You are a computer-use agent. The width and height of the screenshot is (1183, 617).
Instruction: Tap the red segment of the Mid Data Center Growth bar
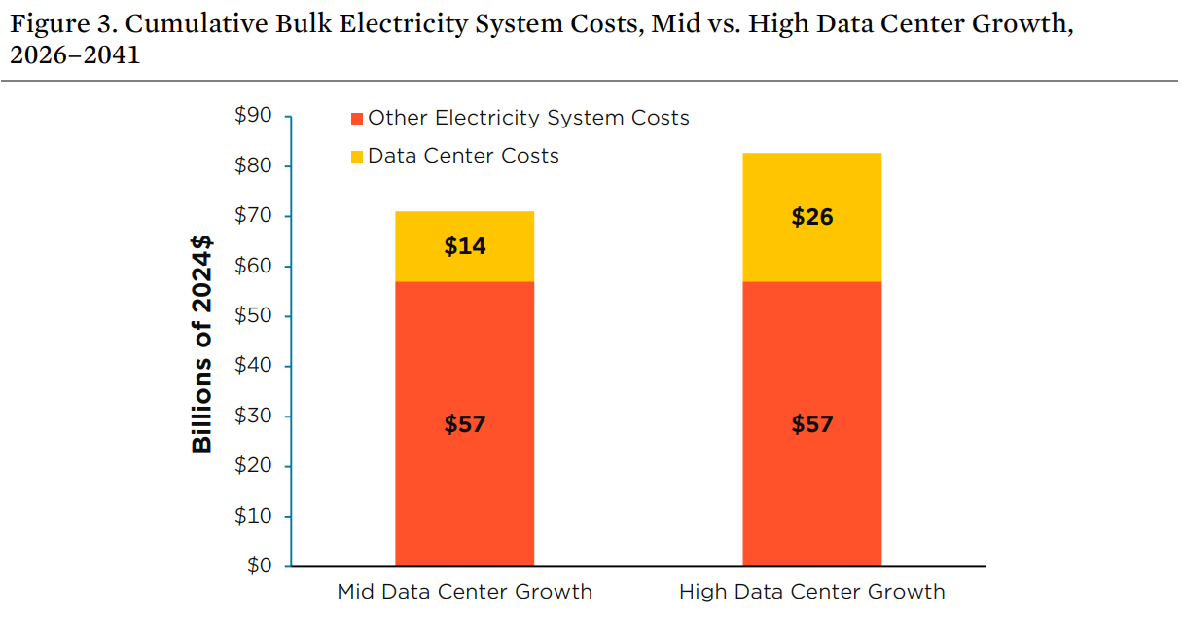point(464,467)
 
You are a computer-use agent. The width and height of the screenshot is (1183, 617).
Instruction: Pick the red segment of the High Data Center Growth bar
point(811,467)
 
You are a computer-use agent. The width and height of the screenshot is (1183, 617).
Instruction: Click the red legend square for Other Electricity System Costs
point(357,119)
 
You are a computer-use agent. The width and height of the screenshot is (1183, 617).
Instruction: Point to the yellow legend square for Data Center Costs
point(357,156)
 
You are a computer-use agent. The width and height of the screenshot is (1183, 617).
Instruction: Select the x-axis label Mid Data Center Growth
point(464,592)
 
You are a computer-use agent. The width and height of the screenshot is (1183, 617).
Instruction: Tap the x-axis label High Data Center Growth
point(811,592)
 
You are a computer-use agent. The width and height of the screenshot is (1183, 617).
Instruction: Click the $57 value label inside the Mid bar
point(464,424)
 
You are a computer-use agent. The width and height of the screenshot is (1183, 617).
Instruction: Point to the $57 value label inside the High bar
point(811,424)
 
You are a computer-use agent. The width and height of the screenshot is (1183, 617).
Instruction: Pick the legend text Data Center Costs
point(463,156)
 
